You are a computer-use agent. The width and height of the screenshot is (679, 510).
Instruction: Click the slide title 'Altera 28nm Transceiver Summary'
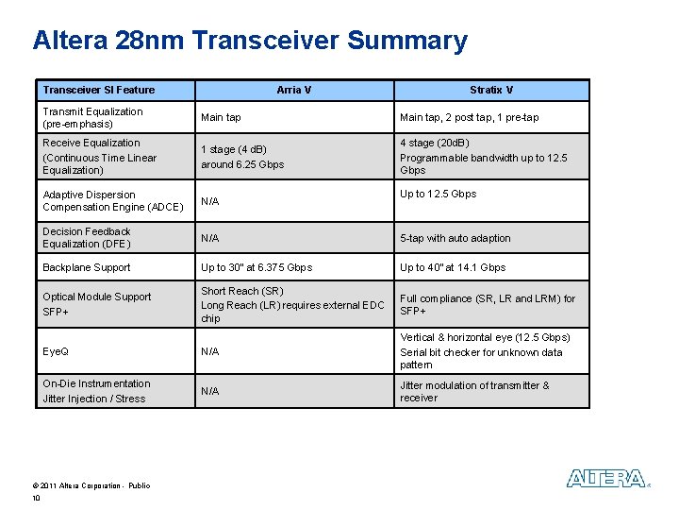[250, 41]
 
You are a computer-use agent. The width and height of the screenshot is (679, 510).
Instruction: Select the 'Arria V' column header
[293, 90]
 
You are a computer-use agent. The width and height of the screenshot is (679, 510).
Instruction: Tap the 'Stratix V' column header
[491, 90]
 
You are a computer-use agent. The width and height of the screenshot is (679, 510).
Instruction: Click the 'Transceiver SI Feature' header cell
[99, 90]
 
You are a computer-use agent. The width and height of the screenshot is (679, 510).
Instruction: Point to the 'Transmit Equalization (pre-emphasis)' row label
[93, 117]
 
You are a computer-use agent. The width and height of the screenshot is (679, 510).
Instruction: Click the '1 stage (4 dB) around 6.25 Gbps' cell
[242, 157]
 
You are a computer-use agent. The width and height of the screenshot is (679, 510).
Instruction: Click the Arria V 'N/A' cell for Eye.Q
[210, 351]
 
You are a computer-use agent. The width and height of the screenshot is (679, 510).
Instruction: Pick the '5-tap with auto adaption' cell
[455, 238]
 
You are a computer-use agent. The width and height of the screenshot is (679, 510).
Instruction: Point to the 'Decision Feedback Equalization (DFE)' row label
[88, 237]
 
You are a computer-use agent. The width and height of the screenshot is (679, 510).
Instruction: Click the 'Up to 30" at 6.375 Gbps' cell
[257, 267]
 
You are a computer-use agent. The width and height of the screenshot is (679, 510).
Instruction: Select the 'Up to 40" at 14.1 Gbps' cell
[453, 267]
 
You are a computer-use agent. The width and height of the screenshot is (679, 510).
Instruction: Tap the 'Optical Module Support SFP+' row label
[97, 303]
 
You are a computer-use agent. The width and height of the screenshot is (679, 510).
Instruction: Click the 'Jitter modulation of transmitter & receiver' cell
[474, 391]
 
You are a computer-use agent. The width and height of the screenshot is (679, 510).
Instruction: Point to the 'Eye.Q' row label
[56, 351]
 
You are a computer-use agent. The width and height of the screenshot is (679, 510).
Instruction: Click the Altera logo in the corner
[606, 479]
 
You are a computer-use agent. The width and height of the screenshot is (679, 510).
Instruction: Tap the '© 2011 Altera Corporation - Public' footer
[91, 485]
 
